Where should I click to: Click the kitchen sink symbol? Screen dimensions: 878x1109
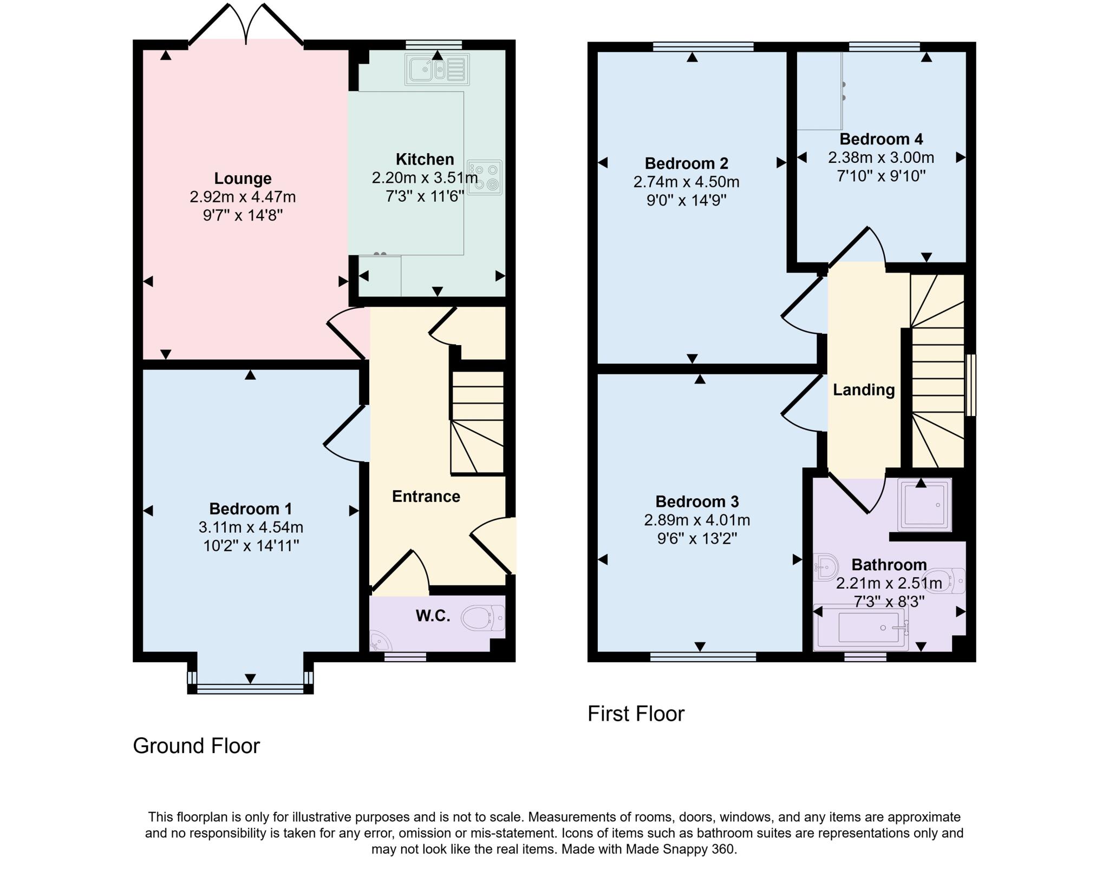(436, 69)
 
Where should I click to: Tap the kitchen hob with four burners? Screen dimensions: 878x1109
(485, 177)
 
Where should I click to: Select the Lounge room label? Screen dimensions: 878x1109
(243, 178)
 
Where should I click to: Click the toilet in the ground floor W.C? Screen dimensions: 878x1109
(483, 618)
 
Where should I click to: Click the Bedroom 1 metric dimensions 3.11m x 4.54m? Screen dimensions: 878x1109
(251, 527)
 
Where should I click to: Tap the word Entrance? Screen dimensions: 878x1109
(426, 496)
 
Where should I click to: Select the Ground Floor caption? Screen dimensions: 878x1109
(196, 745)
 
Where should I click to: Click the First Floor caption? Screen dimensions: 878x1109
(636, 714)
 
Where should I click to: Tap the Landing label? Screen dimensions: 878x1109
(863, 390)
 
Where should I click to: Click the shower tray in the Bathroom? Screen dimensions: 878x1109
(924, 504)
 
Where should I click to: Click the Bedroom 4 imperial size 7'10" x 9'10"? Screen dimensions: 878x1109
(881, 176)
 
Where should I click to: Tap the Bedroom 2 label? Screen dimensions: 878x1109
(686, 163)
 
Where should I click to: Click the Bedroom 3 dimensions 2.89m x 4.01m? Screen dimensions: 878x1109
(696, 520)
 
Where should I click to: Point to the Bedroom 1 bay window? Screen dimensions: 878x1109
(250, 689)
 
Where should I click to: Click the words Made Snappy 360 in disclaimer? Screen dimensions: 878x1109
(680, 849)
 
